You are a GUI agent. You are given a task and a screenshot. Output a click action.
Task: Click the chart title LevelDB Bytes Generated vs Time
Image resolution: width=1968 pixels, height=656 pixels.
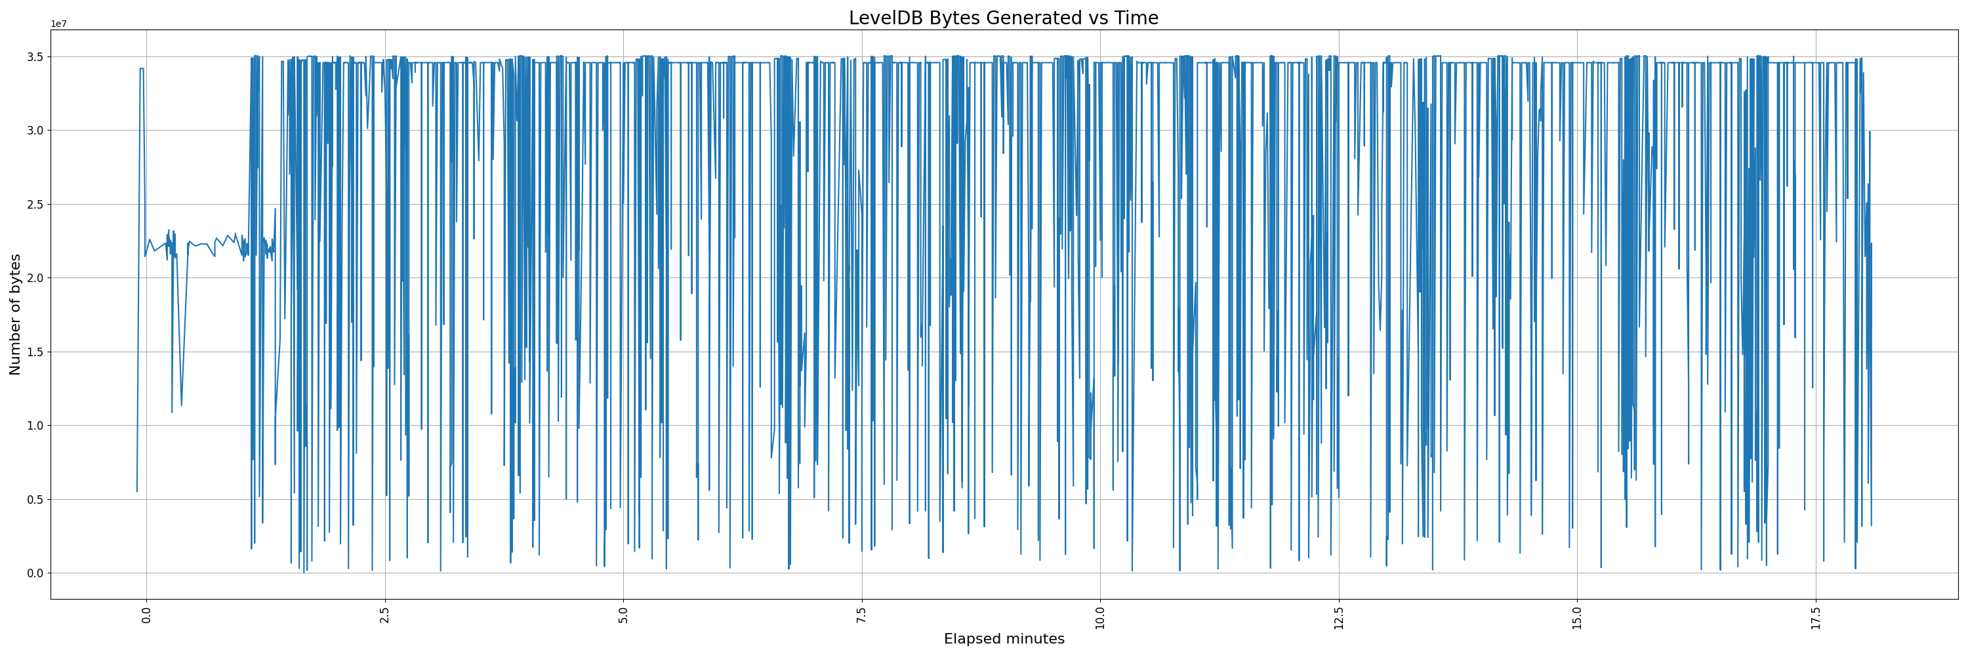coord(1003,18)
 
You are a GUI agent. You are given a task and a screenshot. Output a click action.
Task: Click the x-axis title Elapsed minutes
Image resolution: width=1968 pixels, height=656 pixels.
coord(1003,639)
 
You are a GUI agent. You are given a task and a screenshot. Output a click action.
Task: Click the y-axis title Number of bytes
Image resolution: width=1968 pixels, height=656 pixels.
coord(15,315)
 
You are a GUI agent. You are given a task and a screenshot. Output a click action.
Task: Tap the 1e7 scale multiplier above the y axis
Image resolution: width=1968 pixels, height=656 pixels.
coord(58,24)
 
